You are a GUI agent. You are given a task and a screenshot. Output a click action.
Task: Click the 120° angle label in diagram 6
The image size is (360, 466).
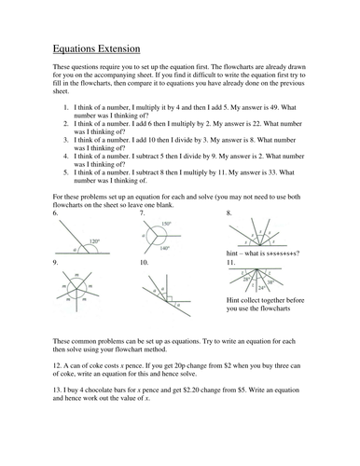pyautogui.click(x=93, y=242)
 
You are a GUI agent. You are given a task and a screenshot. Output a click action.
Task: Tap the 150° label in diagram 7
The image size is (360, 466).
pyautogui.click(x=166, y=225)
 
